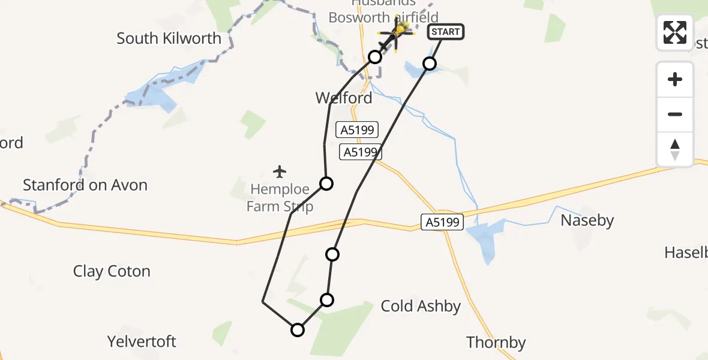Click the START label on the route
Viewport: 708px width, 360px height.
445,32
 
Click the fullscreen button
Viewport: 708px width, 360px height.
675,32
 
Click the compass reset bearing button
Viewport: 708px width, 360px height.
675,149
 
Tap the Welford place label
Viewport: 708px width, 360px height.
344,98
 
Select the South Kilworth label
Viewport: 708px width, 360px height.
169,38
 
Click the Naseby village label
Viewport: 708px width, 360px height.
587,221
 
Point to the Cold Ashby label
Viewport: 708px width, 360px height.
421,307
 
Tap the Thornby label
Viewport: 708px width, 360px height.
496,343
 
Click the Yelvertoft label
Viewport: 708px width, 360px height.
142,342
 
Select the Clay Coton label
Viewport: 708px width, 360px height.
112,271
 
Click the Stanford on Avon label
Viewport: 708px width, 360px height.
85,185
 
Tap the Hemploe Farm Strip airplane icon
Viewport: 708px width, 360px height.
280,172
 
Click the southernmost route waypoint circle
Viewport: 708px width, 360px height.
298,329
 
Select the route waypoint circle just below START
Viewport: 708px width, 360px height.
429,63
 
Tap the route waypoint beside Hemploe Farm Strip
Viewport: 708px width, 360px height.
326,183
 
